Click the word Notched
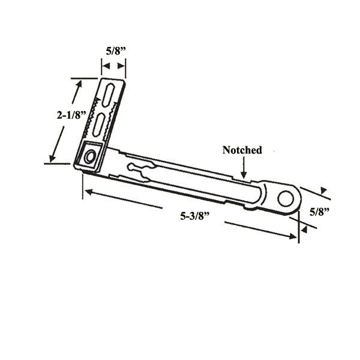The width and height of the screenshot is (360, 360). click(242, 150)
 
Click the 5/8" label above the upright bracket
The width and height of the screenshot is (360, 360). click(114, 52)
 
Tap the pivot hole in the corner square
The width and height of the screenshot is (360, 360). click(90, 157)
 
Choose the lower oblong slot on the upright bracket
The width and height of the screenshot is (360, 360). click(99, 124)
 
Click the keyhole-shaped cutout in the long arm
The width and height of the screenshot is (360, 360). click(139, 170)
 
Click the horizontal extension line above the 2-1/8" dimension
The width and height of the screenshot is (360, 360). click(84, 77)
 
